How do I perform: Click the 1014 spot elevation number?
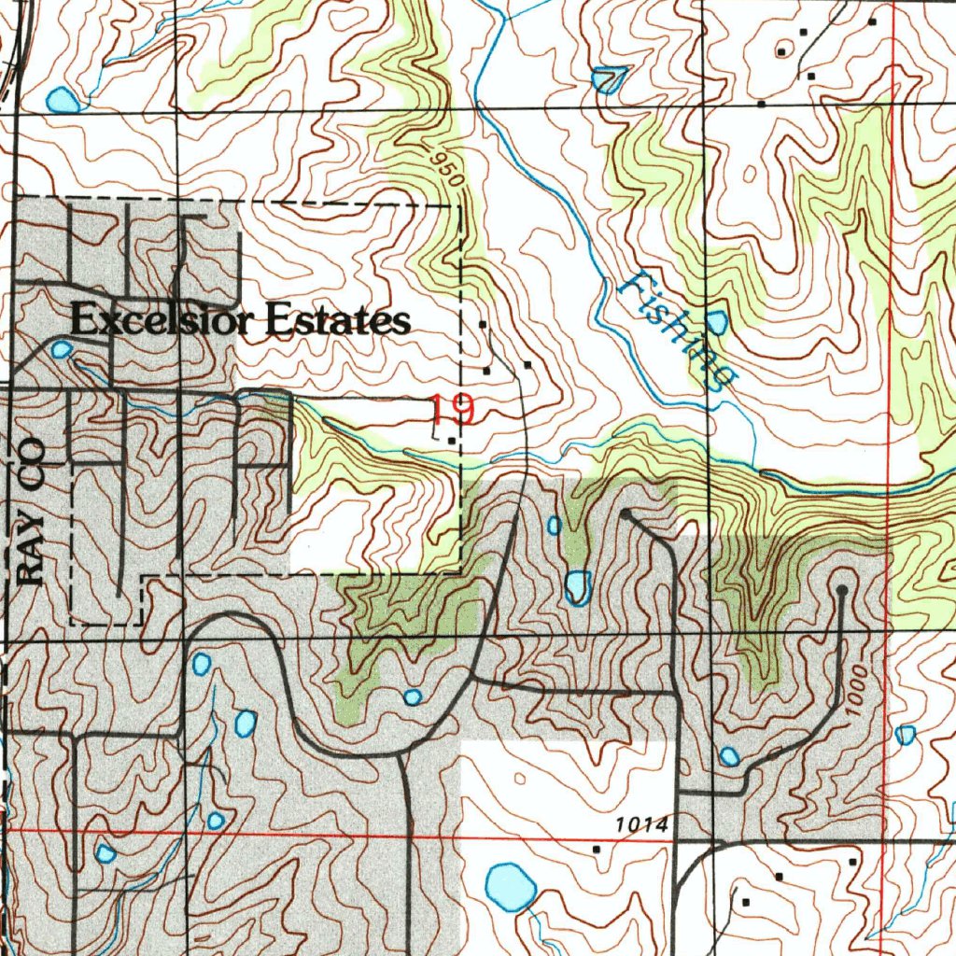click(x=642, y=825)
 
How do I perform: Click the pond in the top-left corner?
click(x=61, y=98)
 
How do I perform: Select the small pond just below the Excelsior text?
click(x=61, y=350)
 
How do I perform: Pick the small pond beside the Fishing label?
click(x=717, y=324)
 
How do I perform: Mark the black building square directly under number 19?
click(x=452, y=440)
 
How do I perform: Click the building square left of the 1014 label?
click(x=597, y=849)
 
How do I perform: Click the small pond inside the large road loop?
click(x=413, y=696)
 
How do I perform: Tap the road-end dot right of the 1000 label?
click(x=842, y=590)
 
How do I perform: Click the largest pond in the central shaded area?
click(x=578, y=586)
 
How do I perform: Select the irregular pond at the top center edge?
click(x=608, y=80)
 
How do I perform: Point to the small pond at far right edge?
click(x=905, y=735)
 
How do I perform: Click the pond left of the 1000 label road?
click(x=729, y=755)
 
